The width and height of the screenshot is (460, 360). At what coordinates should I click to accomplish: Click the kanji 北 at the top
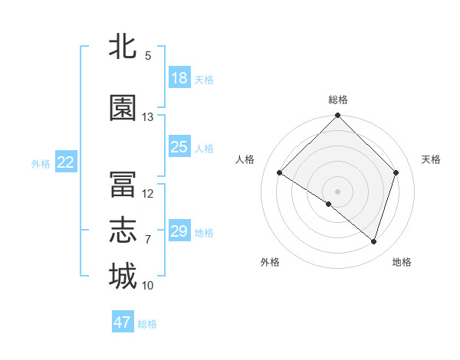pyautogui.click(x=123, y=47)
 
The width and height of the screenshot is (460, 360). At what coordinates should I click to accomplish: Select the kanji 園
pyautogui.click(x=123, y=108)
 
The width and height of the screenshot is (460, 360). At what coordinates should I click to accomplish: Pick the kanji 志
pyautogui.click(x=123, y=231)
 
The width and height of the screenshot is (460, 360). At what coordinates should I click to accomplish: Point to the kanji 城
pyautogui.click(x=123, y=276)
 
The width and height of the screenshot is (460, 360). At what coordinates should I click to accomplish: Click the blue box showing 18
pyautogui.click(x=179, y=78)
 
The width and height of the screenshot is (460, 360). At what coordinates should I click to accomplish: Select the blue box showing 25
pyautogui.click(x=179, y=147)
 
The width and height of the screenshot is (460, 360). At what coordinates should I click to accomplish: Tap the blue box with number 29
pyautogui.click(x=179, y=231)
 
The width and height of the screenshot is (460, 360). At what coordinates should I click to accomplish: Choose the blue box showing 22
pyautogui.click(x=65, y=162)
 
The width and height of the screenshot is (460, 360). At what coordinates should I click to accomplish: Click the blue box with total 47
pyautogui.click(x=123, y=322)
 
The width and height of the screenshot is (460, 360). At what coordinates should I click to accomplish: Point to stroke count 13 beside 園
pyautogui.click(x=148, y=117)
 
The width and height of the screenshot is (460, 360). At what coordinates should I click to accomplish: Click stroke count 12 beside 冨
pyautogui.click(x=148, y=194)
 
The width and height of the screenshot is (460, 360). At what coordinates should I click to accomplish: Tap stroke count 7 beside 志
pyautogui.click(x=148, y=240)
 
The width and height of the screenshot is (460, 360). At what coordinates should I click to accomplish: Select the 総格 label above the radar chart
pyautogui.click(x=337, y=100)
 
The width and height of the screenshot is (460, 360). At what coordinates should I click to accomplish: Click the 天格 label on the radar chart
pyautogui.click(x=432, y=159)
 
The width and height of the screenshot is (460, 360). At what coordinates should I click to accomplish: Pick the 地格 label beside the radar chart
pyautogui.click(x=402, y=262)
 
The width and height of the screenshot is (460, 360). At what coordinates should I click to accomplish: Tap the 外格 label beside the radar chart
pyautogui.click(x=270, y=262)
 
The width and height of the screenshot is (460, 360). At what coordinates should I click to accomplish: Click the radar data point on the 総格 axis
pyautogui.click(x=337, y=116)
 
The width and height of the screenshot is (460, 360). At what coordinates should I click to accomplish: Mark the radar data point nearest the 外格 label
pyautogui.click(x=329, y=204)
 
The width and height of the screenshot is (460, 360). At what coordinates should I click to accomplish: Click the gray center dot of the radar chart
pyautogui.click(x=337, y=191)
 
